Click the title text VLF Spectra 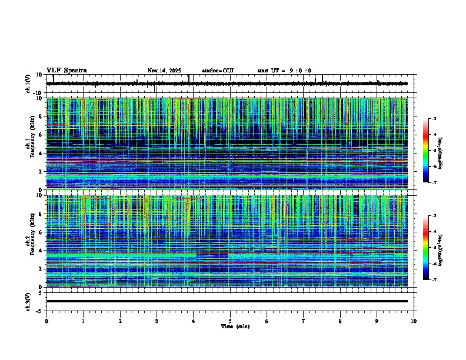tap(66, 71)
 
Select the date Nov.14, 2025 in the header tap(165, 71)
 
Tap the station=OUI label tap(218, 71)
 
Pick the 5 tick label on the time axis tap(230, 321)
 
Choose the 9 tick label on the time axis tap(377, 321)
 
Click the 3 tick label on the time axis tap(157, 321)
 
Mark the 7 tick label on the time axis tap(304, 321)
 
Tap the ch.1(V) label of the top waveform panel tap(28, 84)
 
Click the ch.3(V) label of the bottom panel tap(28, 301)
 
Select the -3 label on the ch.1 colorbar tap(434, 119)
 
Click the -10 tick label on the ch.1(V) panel tap(37, 93)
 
